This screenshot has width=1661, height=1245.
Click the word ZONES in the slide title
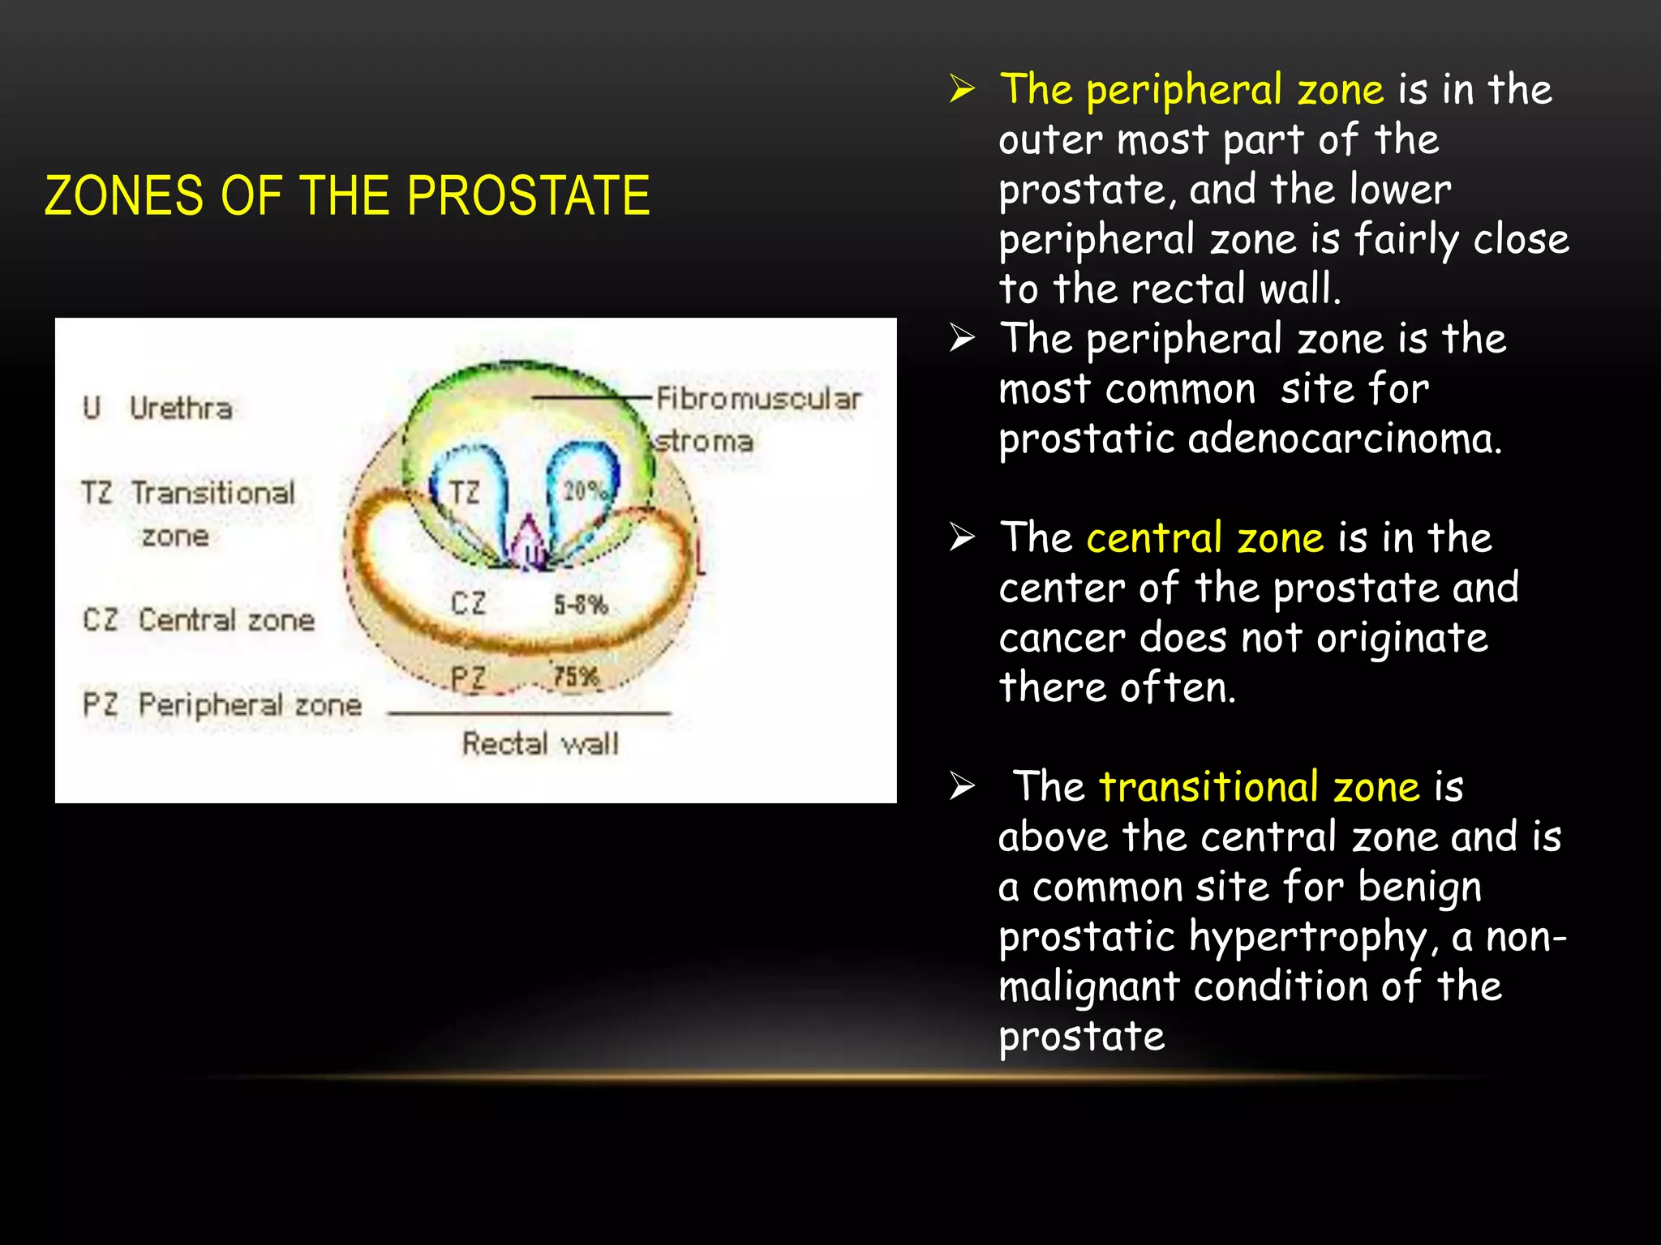123,195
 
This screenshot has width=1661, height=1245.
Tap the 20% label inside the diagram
584,490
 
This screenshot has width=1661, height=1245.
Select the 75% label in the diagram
576,675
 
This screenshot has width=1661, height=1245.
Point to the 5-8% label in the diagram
581,605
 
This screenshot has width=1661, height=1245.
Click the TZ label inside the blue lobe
465,492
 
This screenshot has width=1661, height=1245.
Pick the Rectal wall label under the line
540,743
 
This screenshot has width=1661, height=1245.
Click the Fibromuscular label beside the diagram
758,399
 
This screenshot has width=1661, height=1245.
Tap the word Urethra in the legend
181,408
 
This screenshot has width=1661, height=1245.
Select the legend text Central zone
226,620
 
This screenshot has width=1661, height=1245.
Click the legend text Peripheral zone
250,704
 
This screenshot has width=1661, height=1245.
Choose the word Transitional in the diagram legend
213,493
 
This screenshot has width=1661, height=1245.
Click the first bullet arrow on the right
962,88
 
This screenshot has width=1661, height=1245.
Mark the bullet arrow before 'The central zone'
962,537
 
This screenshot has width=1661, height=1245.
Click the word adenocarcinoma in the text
1345,439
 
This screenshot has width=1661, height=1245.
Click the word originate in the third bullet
1401,638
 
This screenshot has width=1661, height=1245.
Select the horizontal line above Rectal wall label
529,713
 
